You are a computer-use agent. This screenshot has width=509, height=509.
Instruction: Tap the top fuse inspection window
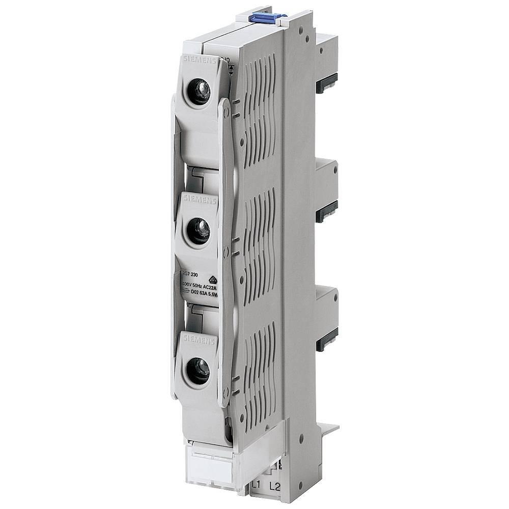199,92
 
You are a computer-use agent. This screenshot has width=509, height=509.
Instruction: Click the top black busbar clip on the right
327,83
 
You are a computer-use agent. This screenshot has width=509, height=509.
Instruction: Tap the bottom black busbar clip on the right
327,340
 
